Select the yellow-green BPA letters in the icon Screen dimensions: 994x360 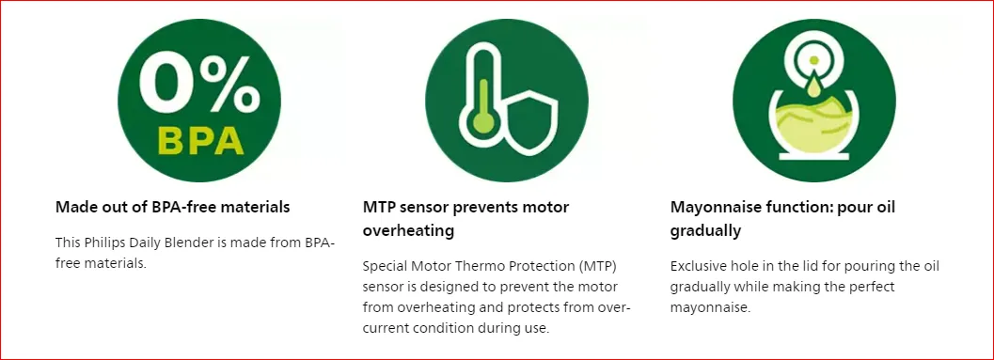(x=200, y=142)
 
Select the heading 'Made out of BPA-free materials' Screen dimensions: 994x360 (x=172, y=207)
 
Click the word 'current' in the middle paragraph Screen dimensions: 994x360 (x=387, y=329)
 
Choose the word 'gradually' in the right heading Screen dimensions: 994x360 (x=705, y=231)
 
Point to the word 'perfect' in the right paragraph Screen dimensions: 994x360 (x=872, y=287)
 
